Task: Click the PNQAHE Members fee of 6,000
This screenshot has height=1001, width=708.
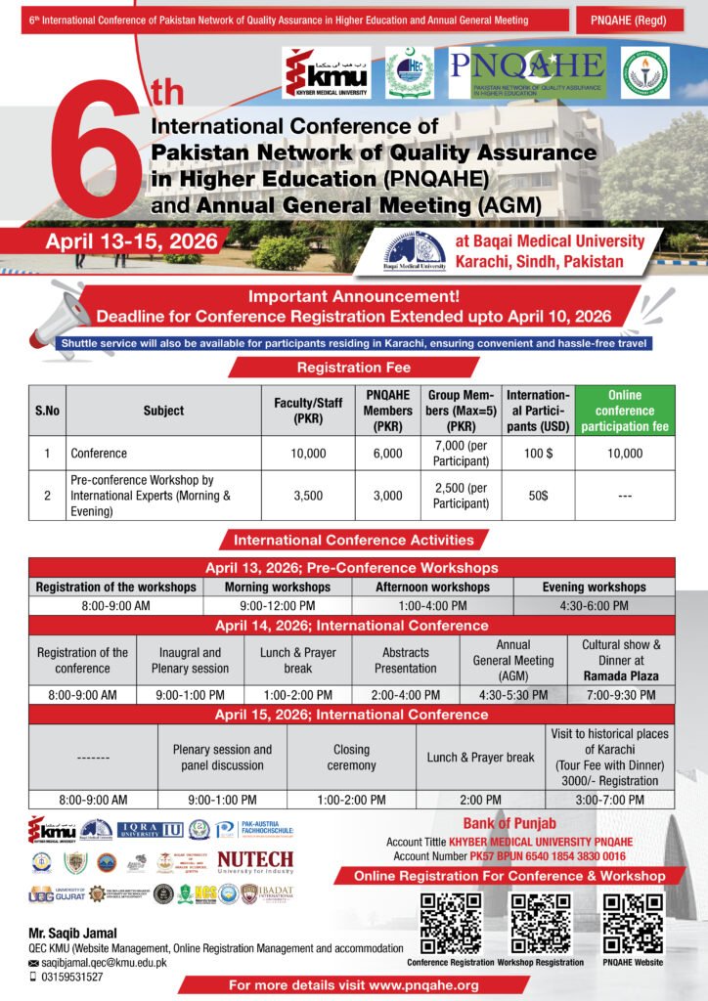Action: click(x=387, y=453)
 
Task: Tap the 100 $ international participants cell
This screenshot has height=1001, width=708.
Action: click(x=538, y=453)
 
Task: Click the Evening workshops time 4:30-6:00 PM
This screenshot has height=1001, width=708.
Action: click(x=595, y=605)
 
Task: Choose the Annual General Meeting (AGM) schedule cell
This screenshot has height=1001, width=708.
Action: click(x=513, y=660)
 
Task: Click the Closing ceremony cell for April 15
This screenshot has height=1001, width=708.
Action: click(x=351, y=758)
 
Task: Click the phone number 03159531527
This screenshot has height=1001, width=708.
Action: click(x=71, y=976)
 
